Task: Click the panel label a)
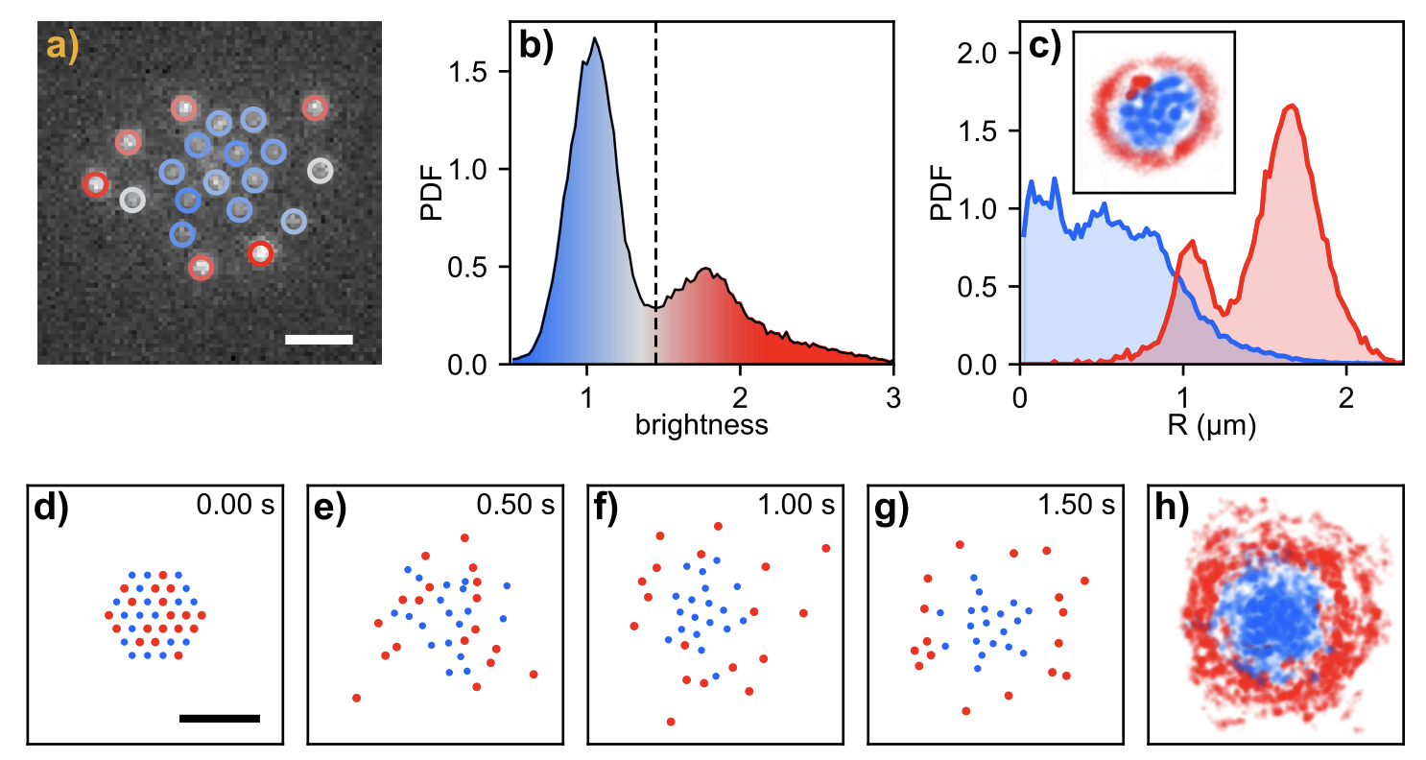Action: (62, 48)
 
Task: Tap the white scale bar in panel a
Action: (319, 339)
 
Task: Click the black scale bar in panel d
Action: (220, 718)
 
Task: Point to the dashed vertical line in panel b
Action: (655, 192)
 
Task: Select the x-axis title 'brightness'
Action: (701, 425)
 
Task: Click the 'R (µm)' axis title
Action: (1211, 425)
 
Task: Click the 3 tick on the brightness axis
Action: (893, 397)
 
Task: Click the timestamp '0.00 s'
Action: (235, 505)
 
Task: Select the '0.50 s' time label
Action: (515, 505)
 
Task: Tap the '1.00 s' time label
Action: (796, 505)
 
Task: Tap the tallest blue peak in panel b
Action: (595, 39)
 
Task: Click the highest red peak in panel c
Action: (1293, 107)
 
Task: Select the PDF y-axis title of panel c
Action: (943, 192)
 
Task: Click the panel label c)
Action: (1044, 48)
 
